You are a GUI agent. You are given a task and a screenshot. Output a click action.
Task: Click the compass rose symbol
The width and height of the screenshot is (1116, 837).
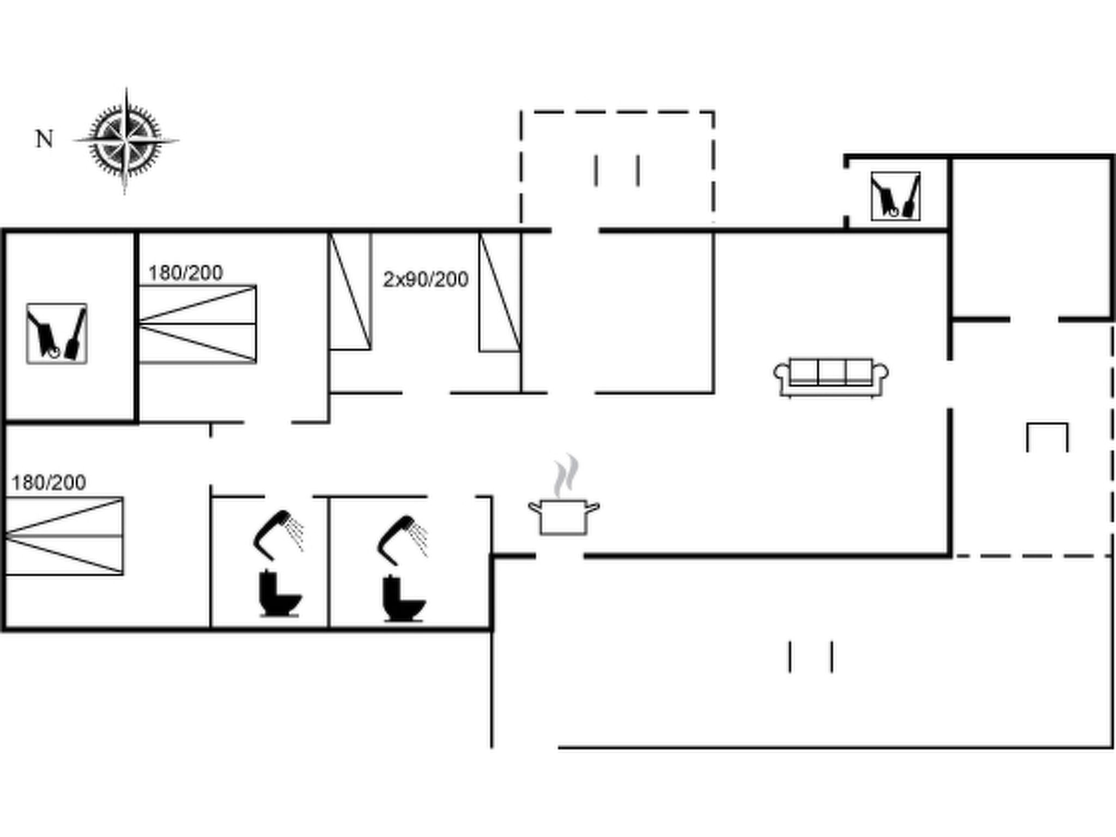[126, 141]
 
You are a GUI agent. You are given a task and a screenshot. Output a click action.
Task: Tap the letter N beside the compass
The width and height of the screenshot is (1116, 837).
[45, 139]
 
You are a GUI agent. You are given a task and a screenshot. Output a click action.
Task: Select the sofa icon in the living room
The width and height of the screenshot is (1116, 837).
[831, 377]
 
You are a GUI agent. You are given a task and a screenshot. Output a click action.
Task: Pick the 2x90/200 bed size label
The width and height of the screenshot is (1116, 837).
[426, 280]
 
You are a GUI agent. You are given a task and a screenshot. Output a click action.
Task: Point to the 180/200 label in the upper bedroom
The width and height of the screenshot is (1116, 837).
[186, 273]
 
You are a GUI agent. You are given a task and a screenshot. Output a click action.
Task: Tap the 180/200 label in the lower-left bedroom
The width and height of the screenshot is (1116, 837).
[48, 482]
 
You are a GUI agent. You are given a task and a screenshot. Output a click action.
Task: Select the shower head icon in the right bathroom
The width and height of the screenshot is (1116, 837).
[402, 539]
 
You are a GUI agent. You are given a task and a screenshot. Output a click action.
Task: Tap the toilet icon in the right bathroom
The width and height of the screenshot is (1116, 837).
[404, 598]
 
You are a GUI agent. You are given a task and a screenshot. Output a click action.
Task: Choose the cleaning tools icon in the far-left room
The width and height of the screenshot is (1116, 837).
[57, 333]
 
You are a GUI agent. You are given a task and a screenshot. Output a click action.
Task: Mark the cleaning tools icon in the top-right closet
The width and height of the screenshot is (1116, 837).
[896, 196]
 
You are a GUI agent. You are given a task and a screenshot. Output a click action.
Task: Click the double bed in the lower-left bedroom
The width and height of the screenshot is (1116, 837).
[64, 536]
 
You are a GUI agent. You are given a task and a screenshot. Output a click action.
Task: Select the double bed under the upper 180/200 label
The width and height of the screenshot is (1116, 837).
[197, 324]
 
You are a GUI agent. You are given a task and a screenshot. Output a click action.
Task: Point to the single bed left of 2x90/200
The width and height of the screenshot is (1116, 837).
[350, 291]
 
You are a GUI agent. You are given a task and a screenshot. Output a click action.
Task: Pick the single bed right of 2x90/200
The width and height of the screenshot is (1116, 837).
[500, 292]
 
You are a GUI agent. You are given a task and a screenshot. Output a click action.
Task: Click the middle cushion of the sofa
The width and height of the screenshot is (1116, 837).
[831, 372]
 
